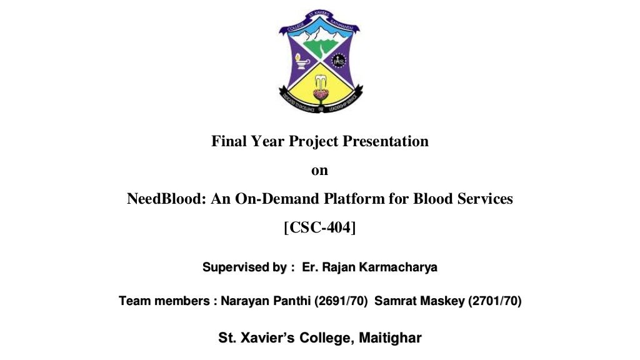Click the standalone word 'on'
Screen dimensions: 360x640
pos(319,170)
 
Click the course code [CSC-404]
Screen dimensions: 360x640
pos(319,227)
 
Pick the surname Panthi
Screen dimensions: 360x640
pos(294,301)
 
